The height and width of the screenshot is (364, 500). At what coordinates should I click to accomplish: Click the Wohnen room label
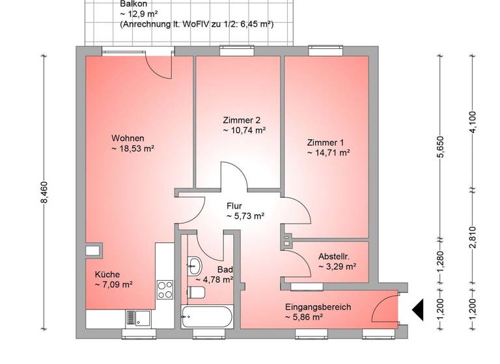coord(127,138)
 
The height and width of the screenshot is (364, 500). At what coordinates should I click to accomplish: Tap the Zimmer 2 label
coord(242,120)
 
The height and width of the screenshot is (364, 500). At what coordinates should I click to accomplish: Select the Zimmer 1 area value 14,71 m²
coord(329,153)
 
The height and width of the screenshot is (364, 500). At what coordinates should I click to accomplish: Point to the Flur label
coord(234,206)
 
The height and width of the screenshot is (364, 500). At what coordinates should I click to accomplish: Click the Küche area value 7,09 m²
coord(114,284)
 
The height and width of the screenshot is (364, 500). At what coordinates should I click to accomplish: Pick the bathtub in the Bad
coord(206,318)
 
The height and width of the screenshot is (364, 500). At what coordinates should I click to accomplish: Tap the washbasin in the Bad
coord(193,265)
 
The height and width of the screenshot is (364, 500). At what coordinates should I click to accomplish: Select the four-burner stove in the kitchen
coord(165,288)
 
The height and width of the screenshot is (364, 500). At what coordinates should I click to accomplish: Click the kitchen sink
coord(138,318)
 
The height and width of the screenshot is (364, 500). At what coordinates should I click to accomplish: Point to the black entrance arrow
coord(417,310)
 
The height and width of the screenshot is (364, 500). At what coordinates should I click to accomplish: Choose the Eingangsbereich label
coord(318,306)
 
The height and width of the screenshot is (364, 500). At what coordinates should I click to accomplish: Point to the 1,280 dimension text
coord(440,261)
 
